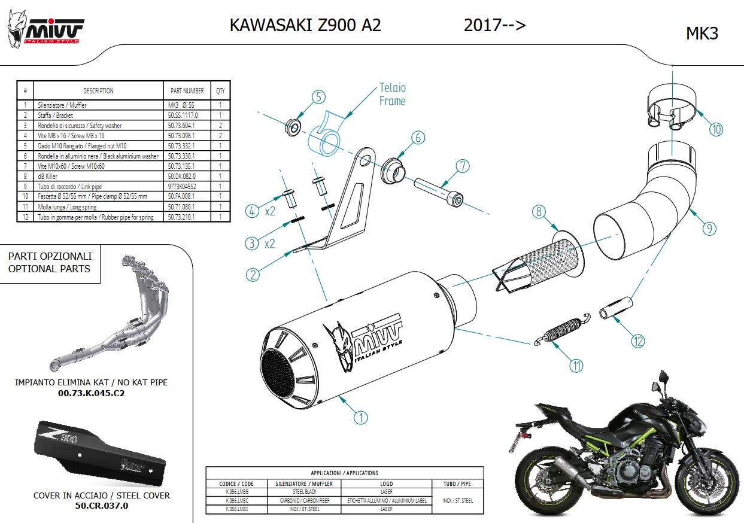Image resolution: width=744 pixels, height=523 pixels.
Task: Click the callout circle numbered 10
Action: (x=716, y=128)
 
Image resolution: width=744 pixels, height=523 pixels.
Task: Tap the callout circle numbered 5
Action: (x=318, y=97)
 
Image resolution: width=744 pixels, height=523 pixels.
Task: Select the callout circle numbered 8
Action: (x=539, y=211)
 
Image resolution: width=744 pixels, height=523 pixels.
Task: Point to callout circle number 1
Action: (x=360, y=417)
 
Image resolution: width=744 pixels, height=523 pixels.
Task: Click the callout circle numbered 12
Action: (x=637, y=341)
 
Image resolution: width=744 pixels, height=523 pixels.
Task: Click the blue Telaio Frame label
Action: (x=392, y=95)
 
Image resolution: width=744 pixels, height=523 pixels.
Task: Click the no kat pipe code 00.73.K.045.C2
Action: (x=91, y=393)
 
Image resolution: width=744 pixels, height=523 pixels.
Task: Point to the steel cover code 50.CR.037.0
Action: (x=102, y=506)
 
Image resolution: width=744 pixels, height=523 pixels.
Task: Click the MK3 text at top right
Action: (x=702, y=34)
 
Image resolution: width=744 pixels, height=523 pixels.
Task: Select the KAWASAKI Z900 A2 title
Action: (x=305, y=25)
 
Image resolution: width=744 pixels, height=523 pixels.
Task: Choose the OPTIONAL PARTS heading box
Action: (x=50, y=263)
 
